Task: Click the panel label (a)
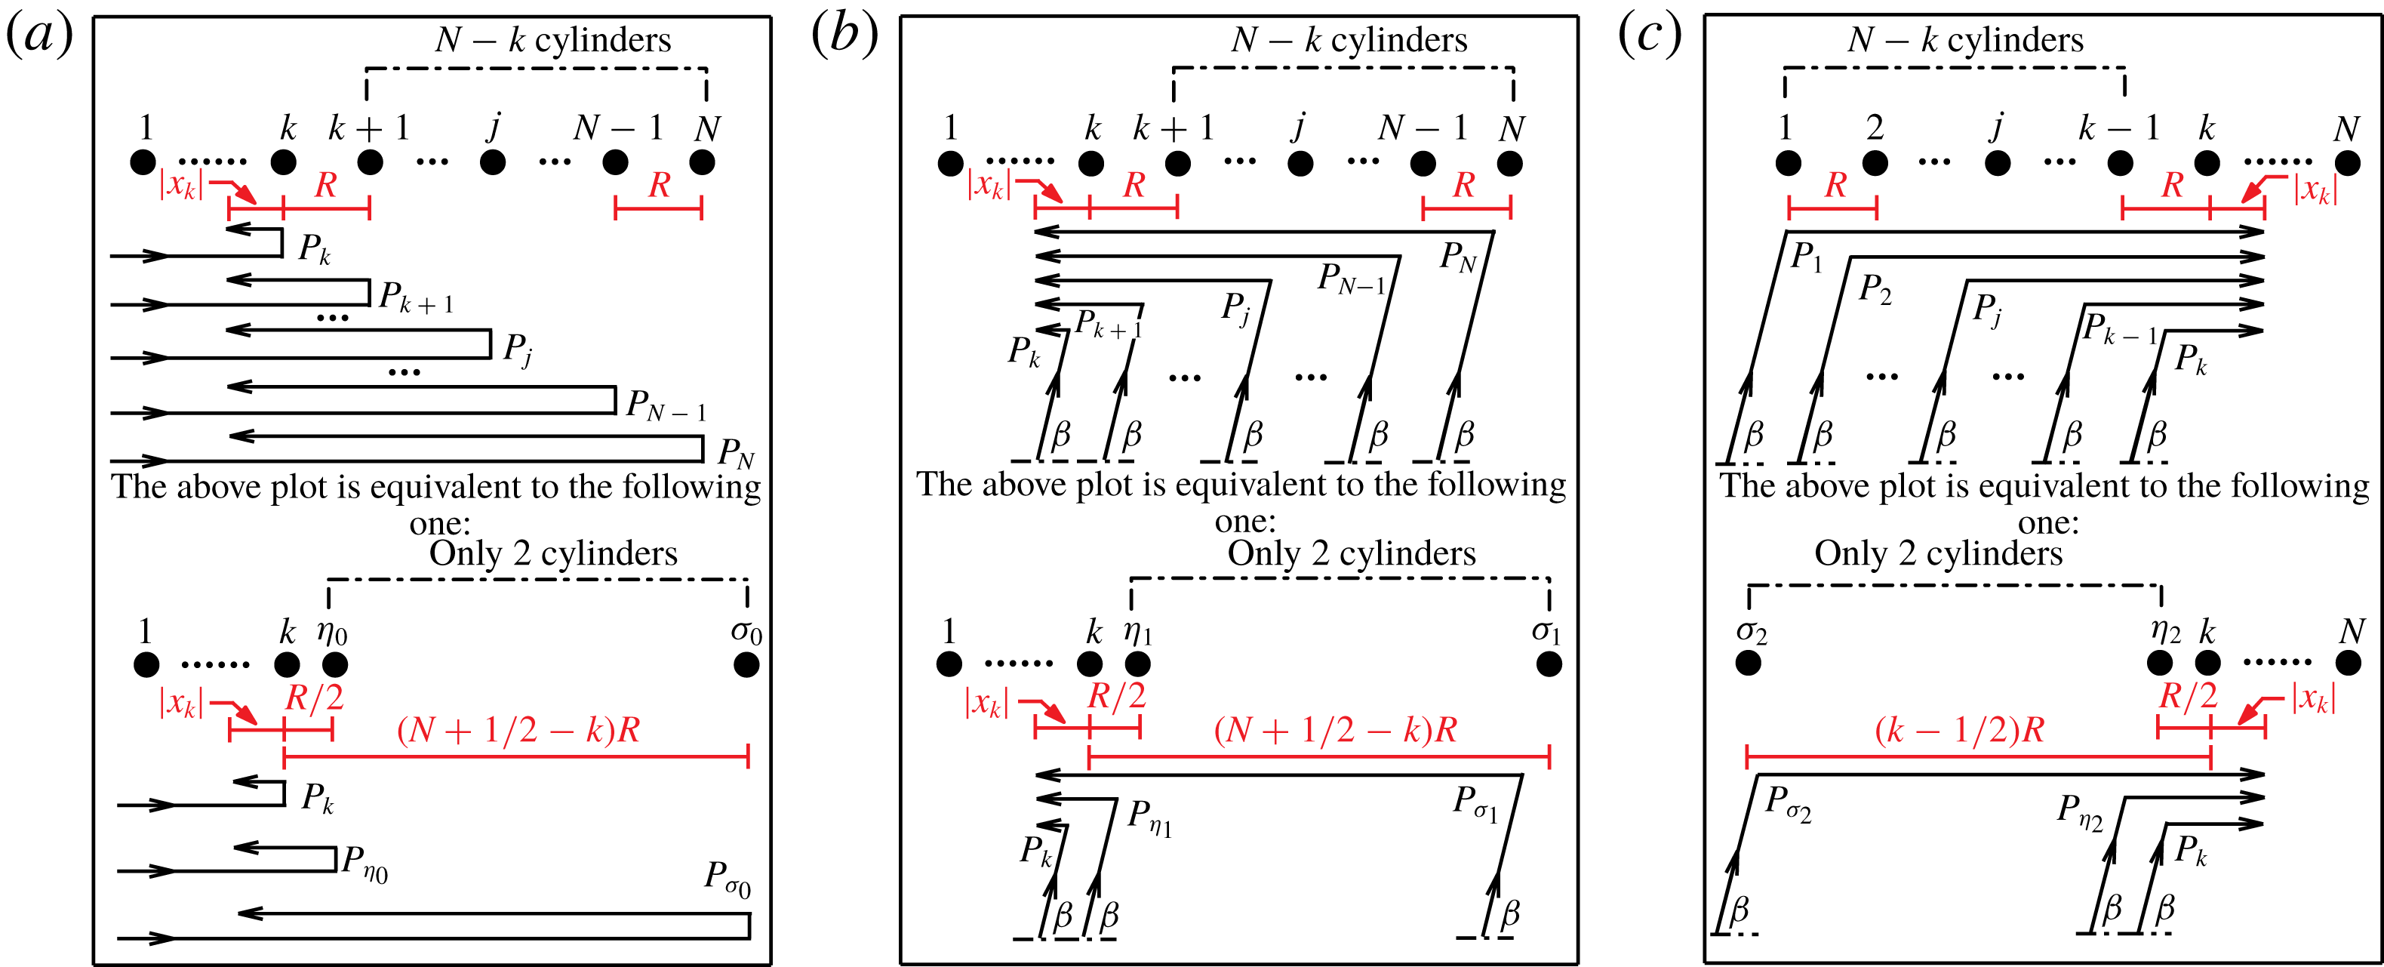(x=39, y=37)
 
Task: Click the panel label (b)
(x=844, y=37)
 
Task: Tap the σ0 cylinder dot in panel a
(x=746, y=664)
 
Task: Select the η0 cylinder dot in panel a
(x=334, y=664)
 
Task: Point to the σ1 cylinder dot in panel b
(x=1549, y=664)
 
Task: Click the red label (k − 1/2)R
(x=1960, y=730)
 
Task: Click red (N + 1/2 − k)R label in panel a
(x=518, y=730)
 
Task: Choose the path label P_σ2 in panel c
(x=1787, y=802)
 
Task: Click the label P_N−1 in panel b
(x=1351, y=279)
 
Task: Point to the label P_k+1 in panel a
(x=417, y=298)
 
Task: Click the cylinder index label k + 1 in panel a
(x=369, y=128)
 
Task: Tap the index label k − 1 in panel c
(x=2119, y=128)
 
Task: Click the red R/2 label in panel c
(x=2188, y=695)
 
